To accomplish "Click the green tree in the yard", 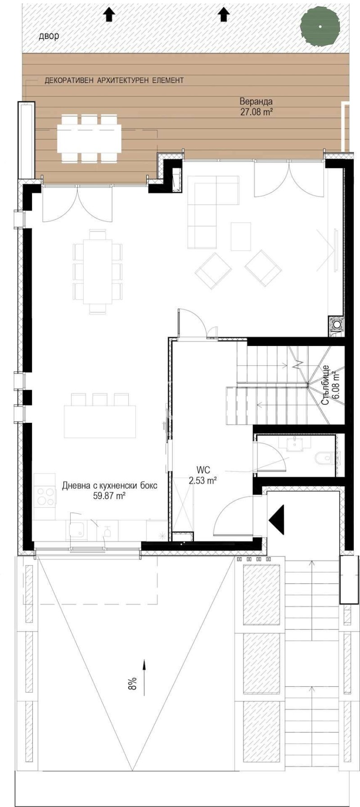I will click(320, 27).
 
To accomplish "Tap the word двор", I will click(49, 36).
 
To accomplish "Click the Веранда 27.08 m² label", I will click(256, 107).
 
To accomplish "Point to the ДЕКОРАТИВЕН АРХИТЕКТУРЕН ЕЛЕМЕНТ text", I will click(114, 81).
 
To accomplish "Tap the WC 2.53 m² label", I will click(203, 475).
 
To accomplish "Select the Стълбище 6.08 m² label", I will click(331, 385).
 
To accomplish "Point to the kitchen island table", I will click(100, 421).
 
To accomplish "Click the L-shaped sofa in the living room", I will click(211, 211).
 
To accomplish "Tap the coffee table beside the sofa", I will click(241, 236).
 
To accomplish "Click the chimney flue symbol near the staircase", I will click(337, 324).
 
